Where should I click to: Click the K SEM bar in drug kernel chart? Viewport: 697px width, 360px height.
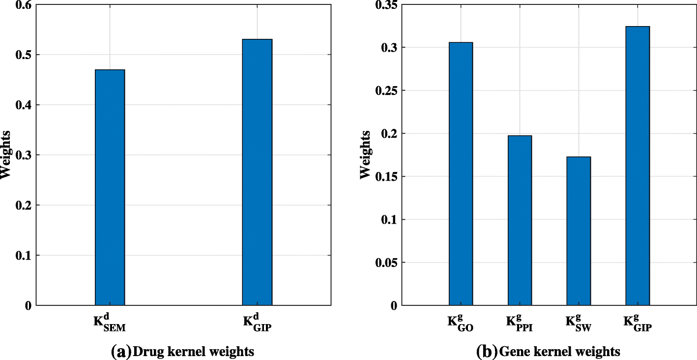(x=110, y=187)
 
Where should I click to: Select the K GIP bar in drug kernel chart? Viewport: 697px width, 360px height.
(x=257, y=172)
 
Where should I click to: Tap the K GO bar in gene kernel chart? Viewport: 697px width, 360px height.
(x=461, y=174)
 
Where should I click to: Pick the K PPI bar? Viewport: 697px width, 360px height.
(x=520, y=220)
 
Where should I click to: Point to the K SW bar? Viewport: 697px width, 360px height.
(x=579, y=231)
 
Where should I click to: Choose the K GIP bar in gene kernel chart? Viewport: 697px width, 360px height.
(x=638, y=166)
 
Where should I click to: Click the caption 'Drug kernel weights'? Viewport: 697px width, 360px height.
(x=194, y=351)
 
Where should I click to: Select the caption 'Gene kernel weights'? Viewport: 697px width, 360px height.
(x=559, y=351)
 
